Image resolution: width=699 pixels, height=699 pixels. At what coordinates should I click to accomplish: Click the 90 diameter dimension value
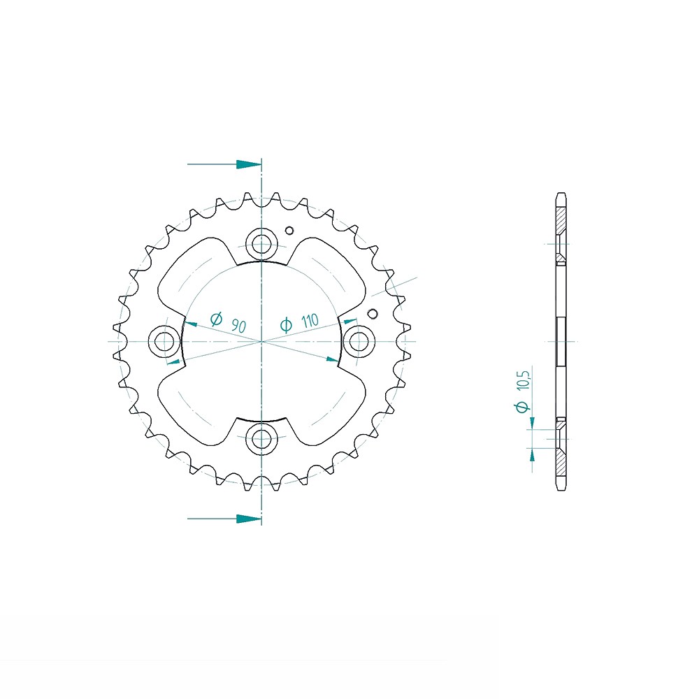239,326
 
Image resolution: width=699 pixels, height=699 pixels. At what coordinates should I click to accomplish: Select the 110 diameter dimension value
310,321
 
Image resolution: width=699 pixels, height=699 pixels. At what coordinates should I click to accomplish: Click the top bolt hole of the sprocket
261,244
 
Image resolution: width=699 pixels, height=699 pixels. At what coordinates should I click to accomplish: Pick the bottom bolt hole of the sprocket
261,439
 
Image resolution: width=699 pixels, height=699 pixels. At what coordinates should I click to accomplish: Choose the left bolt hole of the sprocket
164,342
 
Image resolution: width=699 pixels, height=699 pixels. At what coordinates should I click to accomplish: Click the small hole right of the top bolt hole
289,231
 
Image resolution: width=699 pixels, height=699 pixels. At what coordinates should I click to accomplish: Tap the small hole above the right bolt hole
373,314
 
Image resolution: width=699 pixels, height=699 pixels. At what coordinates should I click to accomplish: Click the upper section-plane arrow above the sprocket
224,164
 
